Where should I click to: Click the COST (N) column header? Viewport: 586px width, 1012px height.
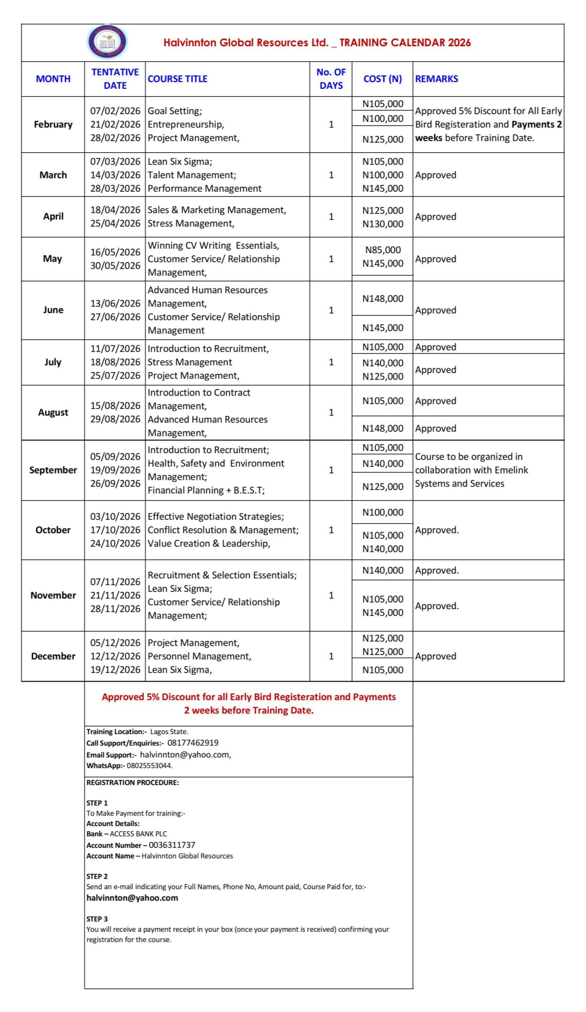pyautogui.click(x=382, y=79)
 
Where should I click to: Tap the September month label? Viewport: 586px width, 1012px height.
pyautogui.click(x=53, y=470)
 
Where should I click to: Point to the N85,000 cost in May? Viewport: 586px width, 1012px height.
pyautogui.click(x=383, y=250)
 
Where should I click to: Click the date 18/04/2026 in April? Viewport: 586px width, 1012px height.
pyautogui.click(x=115, y=210)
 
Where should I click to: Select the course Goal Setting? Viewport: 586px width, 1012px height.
pyautogui.click(x=175, y=111)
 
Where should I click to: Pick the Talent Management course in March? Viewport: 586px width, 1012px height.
pyautogui.click(x=192, y=175)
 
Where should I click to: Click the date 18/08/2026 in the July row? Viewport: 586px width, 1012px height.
pyautogui.click(x=115, y=362)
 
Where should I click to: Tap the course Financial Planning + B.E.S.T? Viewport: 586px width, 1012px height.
pyautogui.click(x=206, y=490)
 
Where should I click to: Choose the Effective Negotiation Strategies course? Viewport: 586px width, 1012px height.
pyautogui.click(x=216, y=517)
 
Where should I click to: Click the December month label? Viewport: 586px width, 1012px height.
pyautogui.click(x=53, y=656)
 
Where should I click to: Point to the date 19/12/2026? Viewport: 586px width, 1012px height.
pyautogui.click(x=115, y=670)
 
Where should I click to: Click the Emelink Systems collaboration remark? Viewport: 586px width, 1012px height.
pyautogui.click(x=471, y=470)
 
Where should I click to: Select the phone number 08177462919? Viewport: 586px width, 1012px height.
pyautogui.click(x=193, y=743)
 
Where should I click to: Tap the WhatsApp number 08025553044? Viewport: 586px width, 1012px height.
pyautogui.click(x=149, y=765)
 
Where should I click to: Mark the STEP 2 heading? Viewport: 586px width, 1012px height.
pyautogui.click(x=97, y=876)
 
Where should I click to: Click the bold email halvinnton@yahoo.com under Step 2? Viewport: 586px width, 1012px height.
pyautogui.click(x=132, y=898)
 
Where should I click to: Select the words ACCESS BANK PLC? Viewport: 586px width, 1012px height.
pyautogui.click(x=138, y=833)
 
